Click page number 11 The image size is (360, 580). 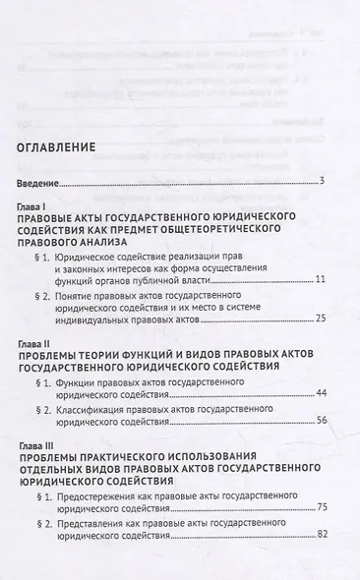click(x=320, y=281)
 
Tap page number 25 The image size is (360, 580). click(x=320, y=319)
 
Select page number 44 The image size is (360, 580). click(x=320, y=392)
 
